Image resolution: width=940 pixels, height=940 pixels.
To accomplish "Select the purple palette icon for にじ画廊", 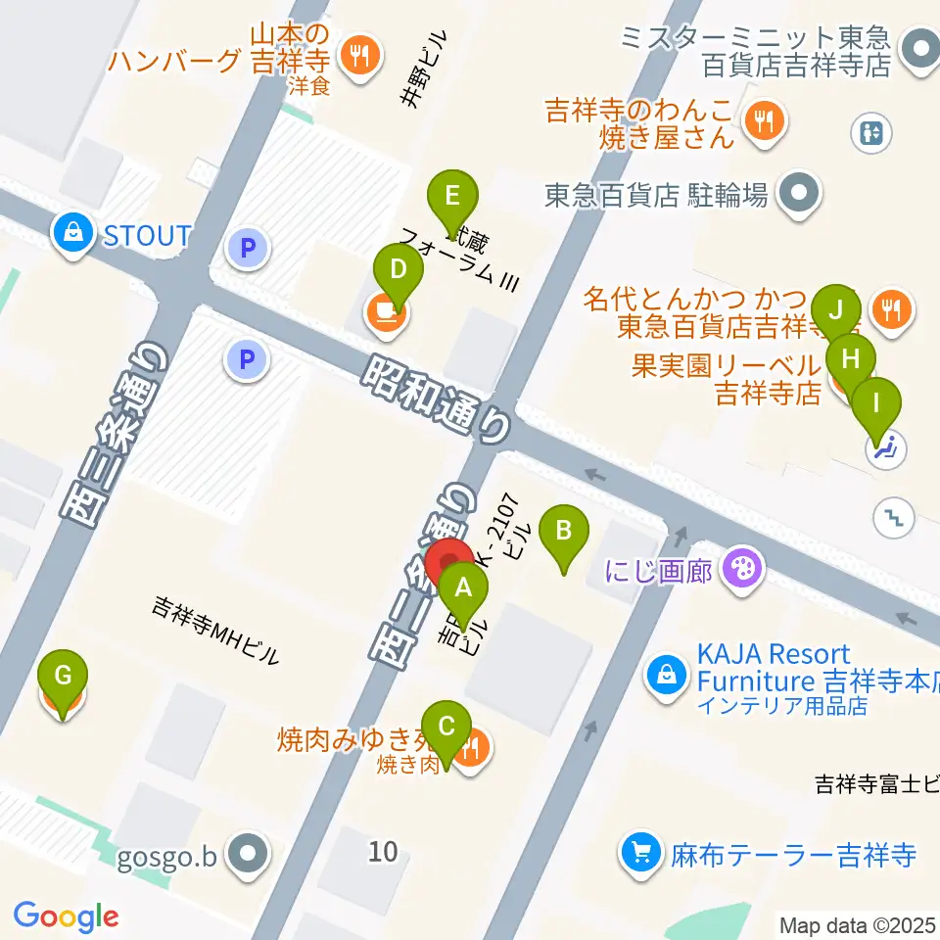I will click(743, 569).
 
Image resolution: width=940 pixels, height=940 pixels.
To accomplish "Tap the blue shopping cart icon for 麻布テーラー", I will click(641, 853).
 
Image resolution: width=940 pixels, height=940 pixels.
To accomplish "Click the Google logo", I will click(66, 916).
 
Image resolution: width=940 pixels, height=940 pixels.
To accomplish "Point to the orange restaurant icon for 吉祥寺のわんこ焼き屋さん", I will click(760, 120).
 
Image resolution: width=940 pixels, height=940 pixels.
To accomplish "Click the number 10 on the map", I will click(384, 851).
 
